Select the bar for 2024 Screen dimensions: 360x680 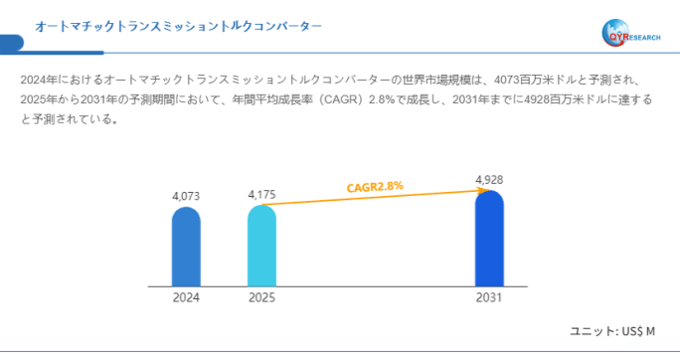186,247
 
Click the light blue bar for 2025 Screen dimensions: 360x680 261,247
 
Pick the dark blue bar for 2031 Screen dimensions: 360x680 489,239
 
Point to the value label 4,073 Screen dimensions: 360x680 186,197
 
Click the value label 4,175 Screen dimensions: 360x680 261,194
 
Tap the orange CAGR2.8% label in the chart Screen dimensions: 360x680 375,187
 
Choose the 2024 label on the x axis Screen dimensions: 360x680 186,298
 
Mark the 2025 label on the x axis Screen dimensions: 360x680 261,298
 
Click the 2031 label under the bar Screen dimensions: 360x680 489,298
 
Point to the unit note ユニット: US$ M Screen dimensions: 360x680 611,331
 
